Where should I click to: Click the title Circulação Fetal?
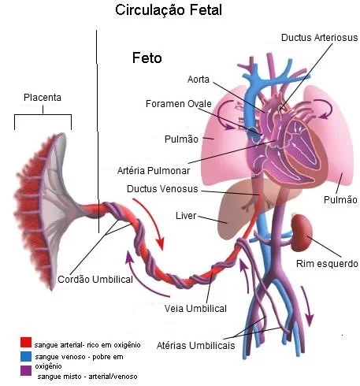coord(169,10)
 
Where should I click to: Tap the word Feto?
coord(147,58)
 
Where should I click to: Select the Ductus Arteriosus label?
coord(319,38)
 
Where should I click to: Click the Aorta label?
coord(199,80)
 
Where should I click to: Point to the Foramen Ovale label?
coord(179,104)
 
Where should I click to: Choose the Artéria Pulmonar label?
coord(154,171)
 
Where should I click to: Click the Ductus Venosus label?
coord(162,189)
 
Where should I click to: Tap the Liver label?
coord(186,216)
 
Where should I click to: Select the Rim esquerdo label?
coord(327,264)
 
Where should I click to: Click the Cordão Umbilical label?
coord(95,280)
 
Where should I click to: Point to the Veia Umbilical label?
coord(195,309)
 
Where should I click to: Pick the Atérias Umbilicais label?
coord(195,346)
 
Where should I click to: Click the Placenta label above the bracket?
coord(43,98)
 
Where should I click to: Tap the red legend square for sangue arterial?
coord(26,343)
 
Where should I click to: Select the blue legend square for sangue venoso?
coord(26,356)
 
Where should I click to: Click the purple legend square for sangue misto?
coord(26,370)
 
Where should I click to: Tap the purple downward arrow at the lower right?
coord(307,306)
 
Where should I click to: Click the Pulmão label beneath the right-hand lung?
coord(340,200)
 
